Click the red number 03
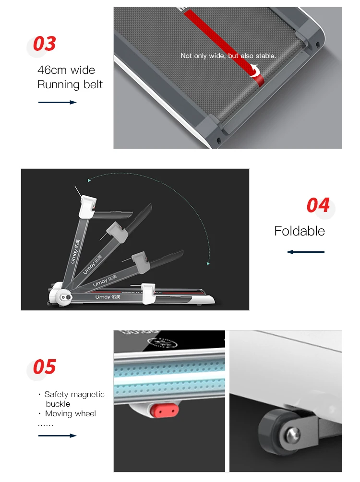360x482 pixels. click(x=44, y=44)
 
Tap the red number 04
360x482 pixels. click(x=318, y=205)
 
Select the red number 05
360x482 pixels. click(x=44, y=367)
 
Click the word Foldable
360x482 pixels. click(x=300, y=231)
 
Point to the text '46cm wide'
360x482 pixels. click(x=66, y=70)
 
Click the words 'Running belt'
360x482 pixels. click(x=70, y=85)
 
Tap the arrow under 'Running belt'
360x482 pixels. click(x=57, y=102)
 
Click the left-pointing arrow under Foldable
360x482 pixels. click(x=305, y=252)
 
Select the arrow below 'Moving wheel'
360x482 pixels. click(x=57, y=435)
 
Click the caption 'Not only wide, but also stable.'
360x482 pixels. click(x=228, y=56)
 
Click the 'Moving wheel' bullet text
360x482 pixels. click(x=70, y=413)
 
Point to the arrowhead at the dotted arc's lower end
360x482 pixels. click(x=208, y=263)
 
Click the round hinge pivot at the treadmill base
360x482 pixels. click(x=65, y=298)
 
